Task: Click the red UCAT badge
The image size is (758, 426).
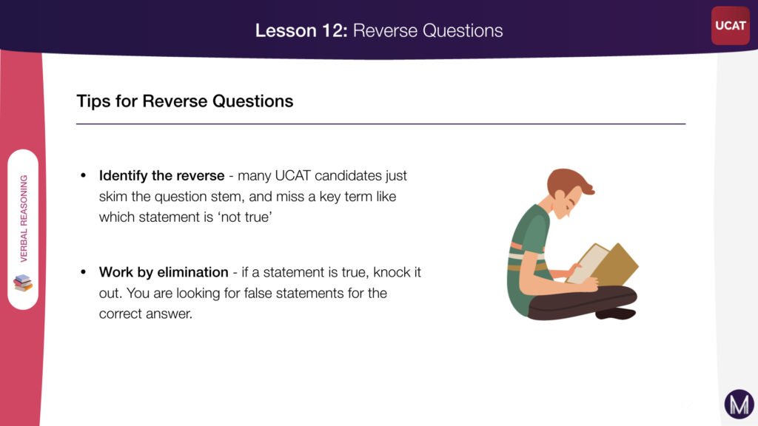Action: point(731,26)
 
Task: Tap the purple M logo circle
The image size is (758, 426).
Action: point(739,404)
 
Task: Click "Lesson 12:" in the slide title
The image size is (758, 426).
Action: point(301,30)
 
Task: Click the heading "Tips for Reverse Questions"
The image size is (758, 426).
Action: point(185,101)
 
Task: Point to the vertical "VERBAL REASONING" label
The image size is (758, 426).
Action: point(24,218)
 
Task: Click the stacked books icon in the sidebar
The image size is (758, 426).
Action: point(23,283)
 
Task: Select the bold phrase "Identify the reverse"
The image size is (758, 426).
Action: point(161,176)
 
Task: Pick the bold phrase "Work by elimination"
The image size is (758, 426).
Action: point(164,272)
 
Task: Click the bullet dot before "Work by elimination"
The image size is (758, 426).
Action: point(84,272)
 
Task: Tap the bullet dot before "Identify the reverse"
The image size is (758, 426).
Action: point(84,176)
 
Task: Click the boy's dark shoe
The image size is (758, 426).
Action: point(616,314)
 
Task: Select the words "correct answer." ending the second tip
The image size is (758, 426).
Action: point(146,314)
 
